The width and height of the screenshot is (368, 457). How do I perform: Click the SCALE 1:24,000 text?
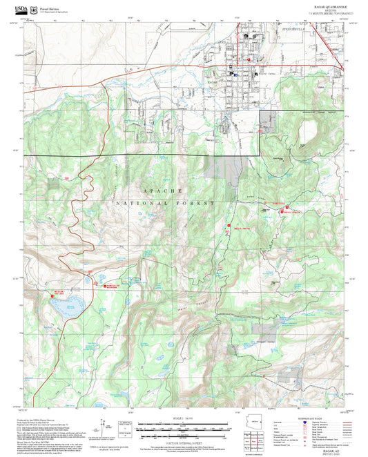182,418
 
